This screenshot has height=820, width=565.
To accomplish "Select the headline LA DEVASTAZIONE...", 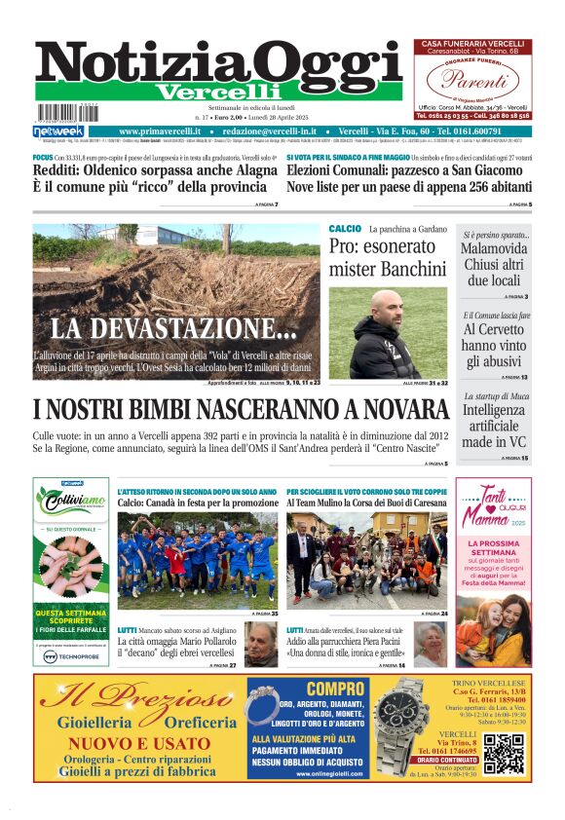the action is [161, 328].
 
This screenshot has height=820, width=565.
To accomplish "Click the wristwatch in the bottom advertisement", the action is [401, 729].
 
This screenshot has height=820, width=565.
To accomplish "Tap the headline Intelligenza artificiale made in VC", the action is [495, 426].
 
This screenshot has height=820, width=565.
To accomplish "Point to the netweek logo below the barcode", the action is [58, 131].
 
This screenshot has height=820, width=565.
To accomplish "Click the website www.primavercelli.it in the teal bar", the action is [160, 131].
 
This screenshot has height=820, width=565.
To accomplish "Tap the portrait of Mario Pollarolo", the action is [259, 645].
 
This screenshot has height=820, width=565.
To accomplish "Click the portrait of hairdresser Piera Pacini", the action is [430, 644].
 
